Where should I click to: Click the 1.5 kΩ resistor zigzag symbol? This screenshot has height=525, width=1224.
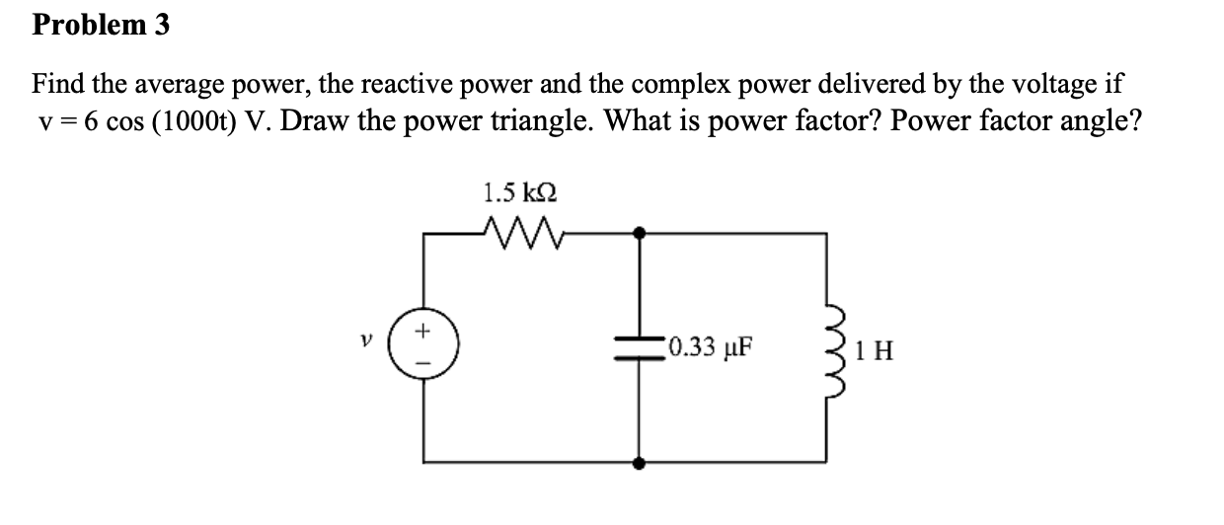[517, 234]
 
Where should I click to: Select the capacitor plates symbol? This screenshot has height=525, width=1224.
[640, 348]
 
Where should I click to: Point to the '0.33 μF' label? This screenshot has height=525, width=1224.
[708, 347]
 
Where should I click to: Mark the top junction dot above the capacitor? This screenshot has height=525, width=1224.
[640, 234]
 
